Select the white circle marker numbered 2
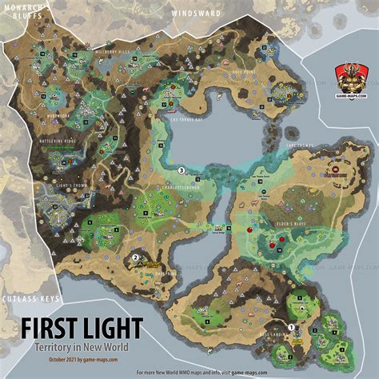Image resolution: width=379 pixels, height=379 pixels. tap(135, 257)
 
